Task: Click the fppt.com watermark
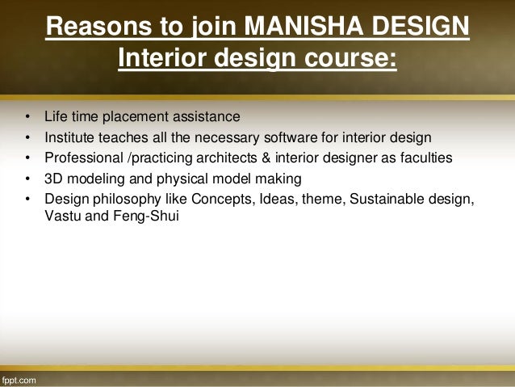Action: click(x=19, y=379)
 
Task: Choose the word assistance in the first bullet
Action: click(x=206, y=116)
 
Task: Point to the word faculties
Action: click(x=425, y=158)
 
